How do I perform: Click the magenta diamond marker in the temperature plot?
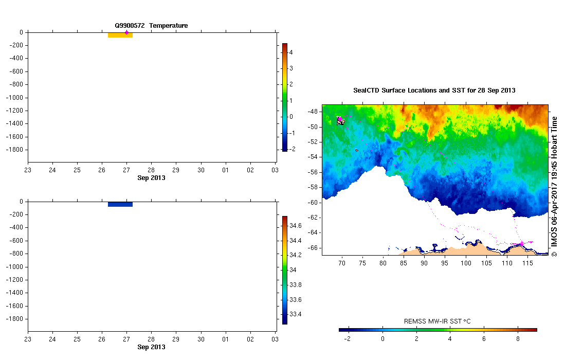pyautogui.click(x=126, y=32)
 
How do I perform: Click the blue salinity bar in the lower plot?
pyautogui.click(x=120, y=204)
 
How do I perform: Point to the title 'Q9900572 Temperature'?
pyautogui.click(x=151, y=25)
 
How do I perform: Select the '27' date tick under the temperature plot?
pyautogui.click(x=126, y=170)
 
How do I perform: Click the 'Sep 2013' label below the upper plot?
pyautogui.click(x=151, y=178)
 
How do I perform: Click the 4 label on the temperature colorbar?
pyautogui.click(x=291, y=52)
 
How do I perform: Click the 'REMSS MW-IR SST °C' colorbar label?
pyautogui.click(x=438, y=321)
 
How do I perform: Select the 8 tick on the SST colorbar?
pyautogui.click(x=518, y=339)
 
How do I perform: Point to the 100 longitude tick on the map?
pyautogui.click(x=466, y=263)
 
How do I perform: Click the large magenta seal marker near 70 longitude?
pyautogui.click(x=340, y=119)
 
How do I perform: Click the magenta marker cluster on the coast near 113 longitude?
pyautogui.click(x=522, y=243)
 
